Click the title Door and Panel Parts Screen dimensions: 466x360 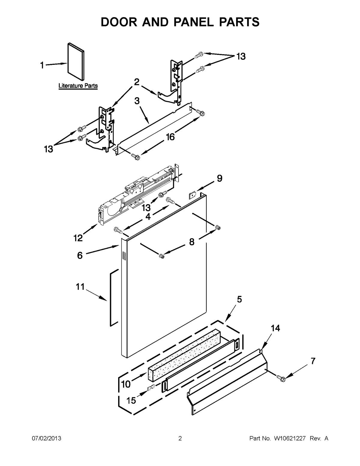coord(180,22)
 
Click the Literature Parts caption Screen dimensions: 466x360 coord(78,86)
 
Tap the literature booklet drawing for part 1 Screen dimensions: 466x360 coord(76,62)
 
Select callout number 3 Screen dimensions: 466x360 coord(137,101)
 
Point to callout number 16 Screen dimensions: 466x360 coord(170,137)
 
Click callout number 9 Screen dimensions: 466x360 coord(220,179)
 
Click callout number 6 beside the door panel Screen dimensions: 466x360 coord(79,256)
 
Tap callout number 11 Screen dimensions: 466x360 coord(80,287)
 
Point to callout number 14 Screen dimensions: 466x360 coord(275,329)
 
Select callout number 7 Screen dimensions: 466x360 coord(313,361)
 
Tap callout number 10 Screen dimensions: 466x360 coord(126,384)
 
